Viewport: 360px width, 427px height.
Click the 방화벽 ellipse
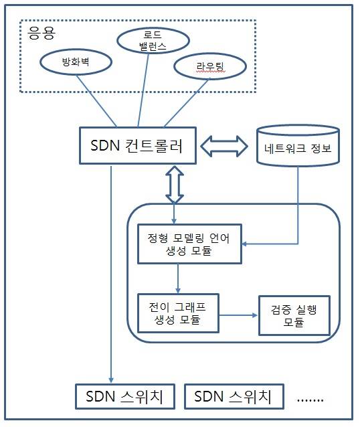pyautogui.click(x=74, y=64)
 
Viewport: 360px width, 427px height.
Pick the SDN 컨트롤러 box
pyautogui.click(x=139, y=145)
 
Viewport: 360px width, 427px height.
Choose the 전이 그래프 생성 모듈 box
pyautogui.click(x=179, y=312)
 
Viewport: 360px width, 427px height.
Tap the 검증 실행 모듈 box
pyautogui.click(x=294, y=315)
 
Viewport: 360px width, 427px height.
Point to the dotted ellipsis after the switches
pyautogui.click(x=309, y=399)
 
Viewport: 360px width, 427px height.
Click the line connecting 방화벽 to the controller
pyautogui.click(x=96, y=100)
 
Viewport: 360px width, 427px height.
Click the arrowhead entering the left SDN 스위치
pyautogui.click(x=111, y=379)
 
